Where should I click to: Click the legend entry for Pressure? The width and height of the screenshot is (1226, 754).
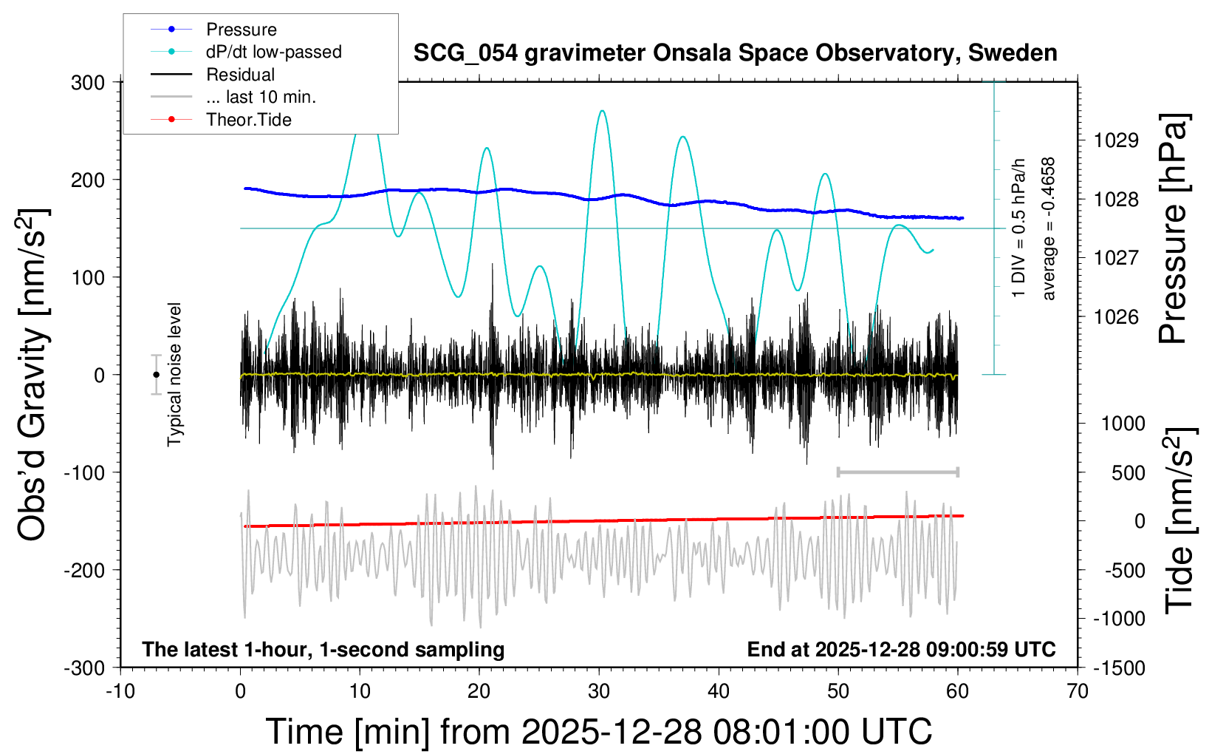tap(241, 30)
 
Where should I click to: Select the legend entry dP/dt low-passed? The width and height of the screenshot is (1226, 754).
tap(273, 52)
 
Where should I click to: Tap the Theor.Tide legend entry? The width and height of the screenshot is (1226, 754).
tap(248, 120)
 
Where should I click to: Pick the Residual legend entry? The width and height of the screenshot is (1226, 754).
tap(240, 75)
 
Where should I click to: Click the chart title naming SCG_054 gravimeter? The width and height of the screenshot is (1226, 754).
tap(735, 53)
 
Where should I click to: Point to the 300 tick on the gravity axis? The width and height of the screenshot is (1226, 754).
tap(88, 82)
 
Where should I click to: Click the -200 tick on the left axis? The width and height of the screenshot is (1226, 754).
tap(84, 570)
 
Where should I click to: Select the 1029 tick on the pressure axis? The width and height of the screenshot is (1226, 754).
tap(1116, 140)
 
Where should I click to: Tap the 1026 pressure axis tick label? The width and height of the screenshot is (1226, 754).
tap(1116, 316)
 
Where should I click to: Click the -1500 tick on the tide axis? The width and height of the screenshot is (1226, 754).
tap(1120, 668)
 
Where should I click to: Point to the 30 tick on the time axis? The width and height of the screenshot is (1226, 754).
tap(599, 692)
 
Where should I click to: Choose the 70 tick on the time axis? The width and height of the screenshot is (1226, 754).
tap(1078, 692)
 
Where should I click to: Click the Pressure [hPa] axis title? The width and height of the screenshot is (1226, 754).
tap(1173, 228)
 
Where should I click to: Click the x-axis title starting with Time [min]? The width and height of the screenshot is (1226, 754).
tap(598, 732)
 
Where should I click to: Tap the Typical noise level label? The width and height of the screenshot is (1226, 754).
tap(174, 374)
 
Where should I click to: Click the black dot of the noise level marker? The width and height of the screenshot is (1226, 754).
tap(156, 375)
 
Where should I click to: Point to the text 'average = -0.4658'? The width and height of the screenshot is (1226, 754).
tap(1048, 228)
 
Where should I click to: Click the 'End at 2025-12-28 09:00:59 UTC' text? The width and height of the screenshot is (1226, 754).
tap(901, 650)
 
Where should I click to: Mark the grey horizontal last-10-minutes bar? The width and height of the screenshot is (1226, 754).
tap(897, 472)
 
